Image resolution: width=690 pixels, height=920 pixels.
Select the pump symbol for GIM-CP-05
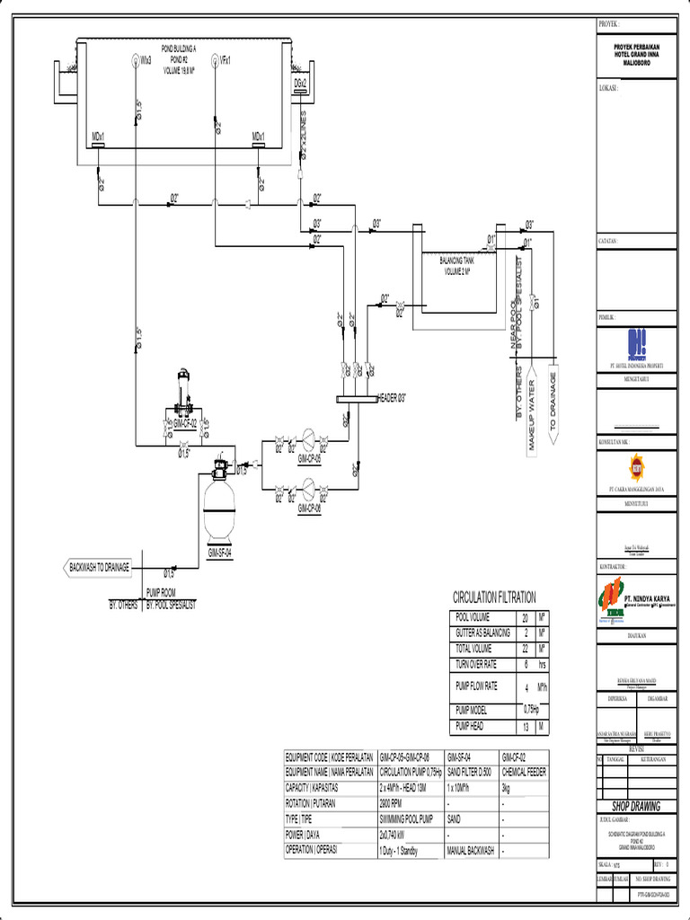[308, 439]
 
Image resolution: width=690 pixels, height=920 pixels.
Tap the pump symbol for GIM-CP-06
[308, 488]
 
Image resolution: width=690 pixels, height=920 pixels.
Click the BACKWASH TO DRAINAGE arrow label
[99, 567]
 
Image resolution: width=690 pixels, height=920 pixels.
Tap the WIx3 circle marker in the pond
[133, 60]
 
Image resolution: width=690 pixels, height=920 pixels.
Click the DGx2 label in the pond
[300, 83]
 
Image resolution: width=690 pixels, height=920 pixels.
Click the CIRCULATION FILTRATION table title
[494, 597]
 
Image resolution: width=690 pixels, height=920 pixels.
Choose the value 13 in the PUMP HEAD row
[525, 726]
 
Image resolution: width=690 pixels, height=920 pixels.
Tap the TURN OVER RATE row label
[476, 664]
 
